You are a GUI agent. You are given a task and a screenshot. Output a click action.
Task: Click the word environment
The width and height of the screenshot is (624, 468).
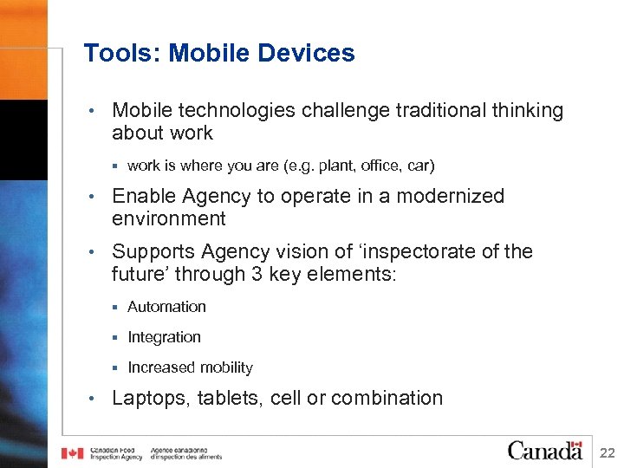point(168,219)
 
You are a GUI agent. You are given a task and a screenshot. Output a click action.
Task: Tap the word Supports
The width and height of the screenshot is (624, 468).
point(153,252)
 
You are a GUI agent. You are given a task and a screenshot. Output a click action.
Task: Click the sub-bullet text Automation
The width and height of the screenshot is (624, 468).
point(166,307)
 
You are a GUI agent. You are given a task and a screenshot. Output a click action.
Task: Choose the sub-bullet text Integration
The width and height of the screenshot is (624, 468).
point(164,337)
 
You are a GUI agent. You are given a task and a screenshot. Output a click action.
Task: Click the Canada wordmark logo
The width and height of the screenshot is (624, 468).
point(544,450)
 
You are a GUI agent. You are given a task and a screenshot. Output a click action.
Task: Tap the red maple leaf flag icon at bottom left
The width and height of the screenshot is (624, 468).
point(72,452)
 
